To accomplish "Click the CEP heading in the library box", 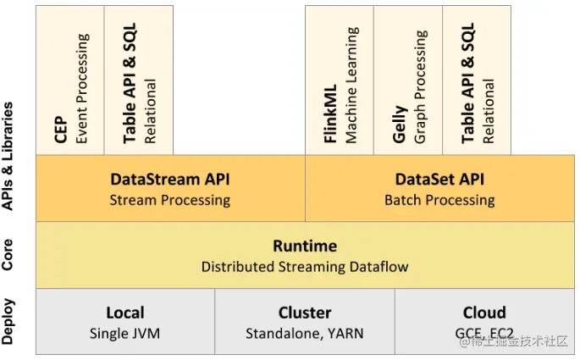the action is click(61, 130).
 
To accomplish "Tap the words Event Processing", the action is click(82, 88).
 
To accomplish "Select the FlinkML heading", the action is click(330, 114).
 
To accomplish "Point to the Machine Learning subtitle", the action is click(351, 85).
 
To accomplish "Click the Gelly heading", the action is click(400, 125).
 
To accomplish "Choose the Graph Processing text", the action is click(421, 87).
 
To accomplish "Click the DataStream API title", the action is click(170, 179).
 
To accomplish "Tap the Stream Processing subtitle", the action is click(170, 200).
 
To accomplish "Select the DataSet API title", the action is click(439, 179).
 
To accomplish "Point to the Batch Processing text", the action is click(439, 200).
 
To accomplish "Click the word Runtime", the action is click(305, 246).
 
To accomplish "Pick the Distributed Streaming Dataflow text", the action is click(305, 267).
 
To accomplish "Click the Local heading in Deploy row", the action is click(125, 313).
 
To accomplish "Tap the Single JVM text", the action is click(125, 334).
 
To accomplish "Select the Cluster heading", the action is click(305, 313).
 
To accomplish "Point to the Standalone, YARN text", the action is click(305, 334).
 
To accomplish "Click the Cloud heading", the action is click(484, 313).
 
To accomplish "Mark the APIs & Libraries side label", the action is click(8, 156).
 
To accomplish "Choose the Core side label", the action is click(8, 255).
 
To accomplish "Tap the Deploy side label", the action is click(8, 322).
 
